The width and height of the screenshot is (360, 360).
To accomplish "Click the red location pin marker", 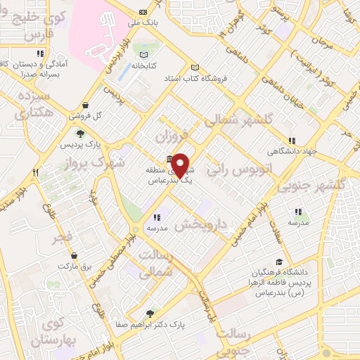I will coord(181,165).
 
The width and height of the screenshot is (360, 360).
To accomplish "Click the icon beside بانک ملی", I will coord(143,12).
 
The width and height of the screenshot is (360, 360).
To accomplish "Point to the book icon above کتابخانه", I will coord(145,55).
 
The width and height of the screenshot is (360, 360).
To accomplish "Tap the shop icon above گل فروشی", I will coord(85,105).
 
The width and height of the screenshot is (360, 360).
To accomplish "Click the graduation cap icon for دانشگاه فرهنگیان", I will coord(279,262).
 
